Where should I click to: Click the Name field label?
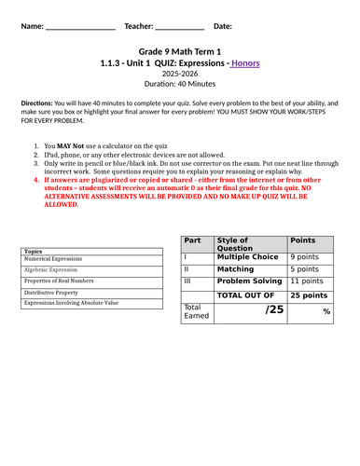point(31,26)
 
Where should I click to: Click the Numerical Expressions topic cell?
point(56,261)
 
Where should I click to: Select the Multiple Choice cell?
point(247,256)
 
